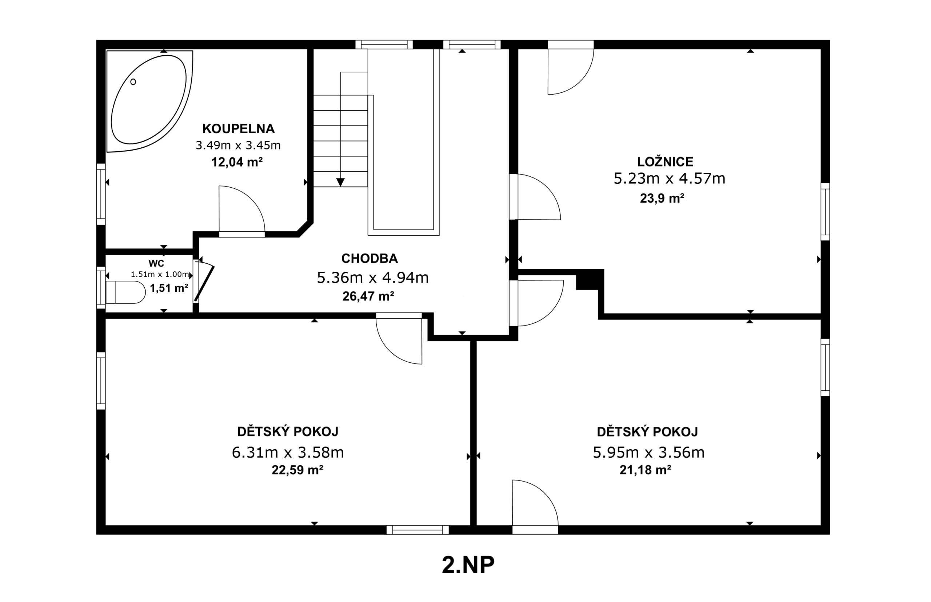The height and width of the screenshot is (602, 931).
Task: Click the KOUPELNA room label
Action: [x=239, y=129]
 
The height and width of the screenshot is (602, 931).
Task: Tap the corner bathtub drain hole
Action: [x=133, y=82]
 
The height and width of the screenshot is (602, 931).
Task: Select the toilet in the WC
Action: [x=125, y=292]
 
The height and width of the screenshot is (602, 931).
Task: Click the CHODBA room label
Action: [x=369, y=258]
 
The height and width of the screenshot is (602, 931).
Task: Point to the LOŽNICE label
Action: [x=665, y=162]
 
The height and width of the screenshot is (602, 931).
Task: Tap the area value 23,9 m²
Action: [x=662, y=198]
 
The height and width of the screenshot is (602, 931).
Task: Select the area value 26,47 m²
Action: [x=368, y=296]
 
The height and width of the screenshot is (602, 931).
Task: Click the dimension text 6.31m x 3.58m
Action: [x=288, y=452]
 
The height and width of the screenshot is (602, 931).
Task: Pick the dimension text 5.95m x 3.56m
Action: [x=649, y=452]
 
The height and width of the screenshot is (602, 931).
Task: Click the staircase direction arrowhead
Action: [x=340, y=182]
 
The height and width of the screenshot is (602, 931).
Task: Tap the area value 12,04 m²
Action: [x=237, y=162]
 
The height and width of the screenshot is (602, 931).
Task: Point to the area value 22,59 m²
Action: [x=297, y=470]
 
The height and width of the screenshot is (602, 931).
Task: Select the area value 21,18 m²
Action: [x=645, y=470]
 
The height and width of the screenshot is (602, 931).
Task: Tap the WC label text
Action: [x=156, y=263]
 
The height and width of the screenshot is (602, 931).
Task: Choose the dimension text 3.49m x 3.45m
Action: [x=238, y=145]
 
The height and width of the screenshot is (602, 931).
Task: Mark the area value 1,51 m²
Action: [x=169, y=288]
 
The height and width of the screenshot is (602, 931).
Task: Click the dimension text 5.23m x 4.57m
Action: [x=670, y=178]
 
